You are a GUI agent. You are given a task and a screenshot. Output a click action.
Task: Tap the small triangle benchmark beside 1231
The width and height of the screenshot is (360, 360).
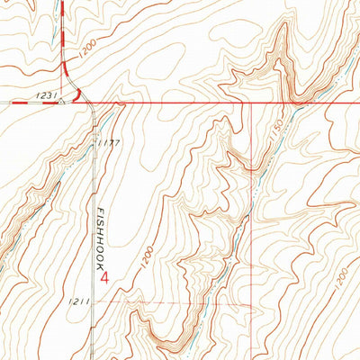pyautogui.click(x=61, y=102)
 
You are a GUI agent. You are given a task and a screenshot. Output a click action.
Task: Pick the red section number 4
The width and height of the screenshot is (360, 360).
pyautogui.click(x=106, y=277)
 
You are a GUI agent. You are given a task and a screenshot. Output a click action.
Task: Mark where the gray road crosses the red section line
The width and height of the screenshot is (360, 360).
pyautogui.click(x=93, y=103)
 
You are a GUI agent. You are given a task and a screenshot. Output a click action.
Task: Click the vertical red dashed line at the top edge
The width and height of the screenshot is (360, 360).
pyautogui.click(x=63, y=18)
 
